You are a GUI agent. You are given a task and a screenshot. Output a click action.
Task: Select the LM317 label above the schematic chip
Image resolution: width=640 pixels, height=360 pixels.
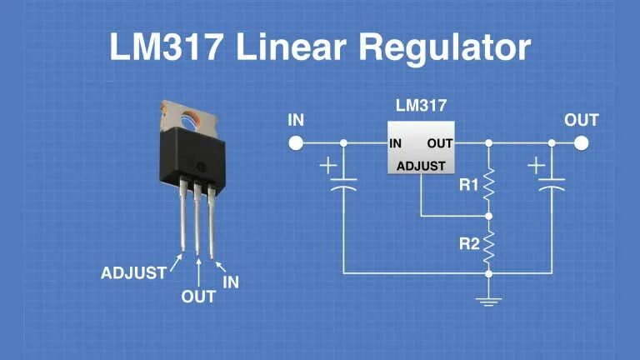[421, 106]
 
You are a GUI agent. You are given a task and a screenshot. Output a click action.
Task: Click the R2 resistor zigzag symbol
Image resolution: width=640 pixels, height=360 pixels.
[489, 245]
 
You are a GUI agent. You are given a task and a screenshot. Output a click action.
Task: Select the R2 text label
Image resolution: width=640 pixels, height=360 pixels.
[470, 245]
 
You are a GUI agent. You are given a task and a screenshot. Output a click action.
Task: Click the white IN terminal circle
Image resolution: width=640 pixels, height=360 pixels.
[296, 143]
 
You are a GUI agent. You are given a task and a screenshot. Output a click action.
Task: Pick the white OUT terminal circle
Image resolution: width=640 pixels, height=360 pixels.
[581, 143]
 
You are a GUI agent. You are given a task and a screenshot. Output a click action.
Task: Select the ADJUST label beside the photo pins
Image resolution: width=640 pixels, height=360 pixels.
[133, 272]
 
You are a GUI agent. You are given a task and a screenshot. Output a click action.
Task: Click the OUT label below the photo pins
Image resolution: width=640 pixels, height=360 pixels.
[198, 296]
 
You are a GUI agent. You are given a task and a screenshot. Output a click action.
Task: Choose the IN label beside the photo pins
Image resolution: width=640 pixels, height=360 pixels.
[231, 282]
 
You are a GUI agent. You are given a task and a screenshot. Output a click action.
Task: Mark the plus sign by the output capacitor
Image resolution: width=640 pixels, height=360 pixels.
[537, 166]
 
